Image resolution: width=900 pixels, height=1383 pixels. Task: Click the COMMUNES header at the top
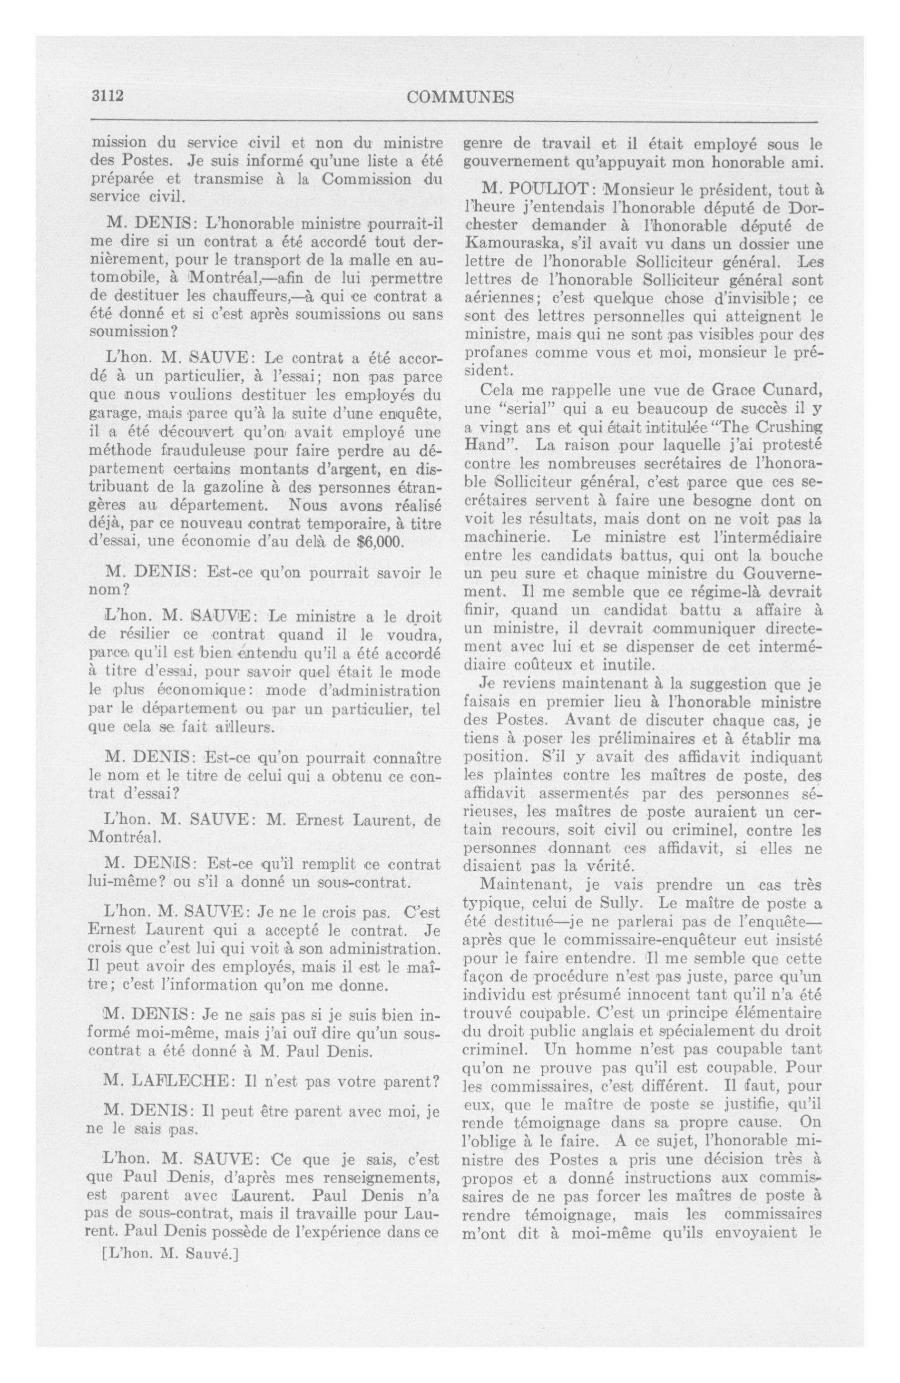tap(460, 97)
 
